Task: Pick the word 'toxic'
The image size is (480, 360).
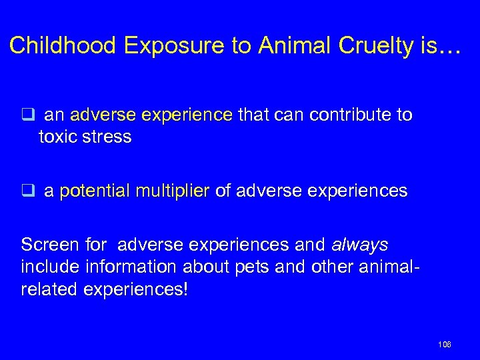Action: click(58, 137)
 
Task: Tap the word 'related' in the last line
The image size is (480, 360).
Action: click(46, 290)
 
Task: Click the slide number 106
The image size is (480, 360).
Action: click(445, 344)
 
